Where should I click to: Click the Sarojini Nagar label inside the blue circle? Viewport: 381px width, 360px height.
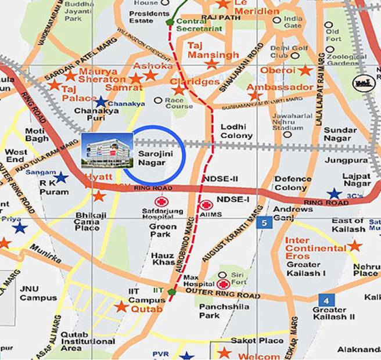[152, 158]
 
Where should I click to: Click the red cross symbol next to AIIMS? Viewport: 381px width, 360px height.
[206, 205]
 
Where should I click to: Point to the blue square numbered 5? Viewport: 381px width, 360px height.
[265, 222]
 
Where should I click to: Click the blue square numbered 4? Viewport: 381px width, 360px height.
[325, 300]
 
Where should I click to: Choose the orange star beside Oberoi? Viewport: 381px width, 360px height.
[305, 70]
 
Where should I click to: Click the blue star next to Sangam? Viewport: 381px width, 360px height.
[61, 177]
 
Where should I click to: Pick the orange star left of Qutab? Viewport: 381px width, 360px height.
[121, 306]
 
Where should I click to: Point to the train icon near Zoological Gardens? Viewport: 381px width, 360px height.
[364, 83]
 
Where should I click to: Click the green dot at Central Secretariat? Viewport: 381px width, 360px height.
[170, 23]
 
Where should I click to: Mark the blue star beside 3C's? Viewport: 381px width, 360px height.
[334, 193]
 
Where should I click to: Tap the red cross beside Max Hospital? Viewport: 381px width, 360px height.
[223, 284]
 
